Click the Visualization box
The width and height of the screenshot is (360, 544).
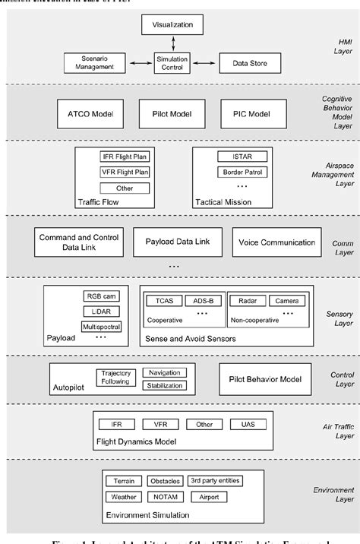(172, 24)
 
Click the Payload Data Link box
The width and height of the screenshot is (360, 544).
(177, 242)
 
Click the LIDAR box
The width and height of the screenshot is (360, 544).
(101, 312)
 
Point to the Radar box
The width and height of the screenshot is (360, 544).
(245, 301)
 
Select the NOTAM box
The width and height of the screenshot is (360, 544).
(164, 497)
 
